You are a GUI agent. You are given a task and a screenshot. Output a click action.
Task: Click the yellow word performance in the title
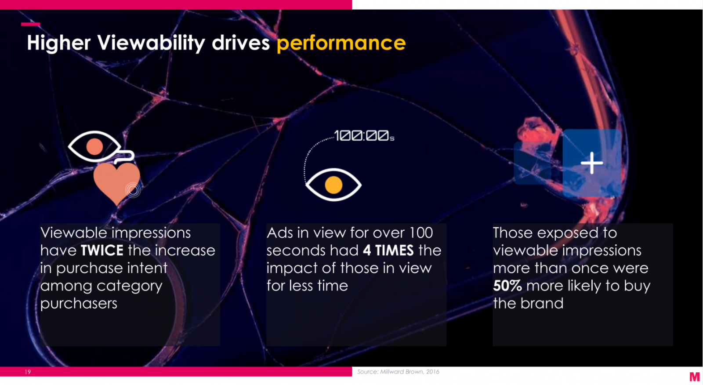(x=341, y=44)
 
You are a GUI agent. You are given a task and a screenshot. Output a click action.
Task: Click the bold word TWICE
(x=102, y=251)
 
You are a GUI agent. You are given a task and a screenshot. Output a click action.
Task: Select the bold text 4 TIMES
(x=388, y=251)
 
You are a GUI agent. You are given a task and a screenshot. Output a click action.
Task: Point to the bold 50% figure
(x=507, y=286)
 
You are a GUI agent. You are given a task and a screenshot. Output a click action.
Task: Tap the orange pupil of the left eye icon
(x=94, y=146)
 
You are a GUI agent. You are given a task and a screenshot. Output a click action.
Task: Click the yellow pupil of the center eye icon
(x=333, y=185)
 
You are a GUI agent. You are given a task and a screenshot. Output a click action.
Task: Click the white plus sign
(x=591, y=163)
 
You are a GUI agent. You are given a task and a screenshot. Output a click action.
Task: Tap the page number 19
(x=28, y=372)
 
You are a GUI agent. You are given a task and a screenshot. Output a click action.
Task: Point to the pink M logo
(x=695, y=377)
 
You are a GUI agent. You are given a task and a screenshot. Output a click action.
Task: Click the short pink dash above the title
(x=30, y=24)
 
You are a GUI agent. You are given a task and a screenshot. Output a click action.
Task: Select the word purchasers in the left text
(x=79, y=304)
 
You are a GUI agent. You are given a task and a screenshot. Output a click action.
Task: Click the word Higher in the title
(x=59, y=44)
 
